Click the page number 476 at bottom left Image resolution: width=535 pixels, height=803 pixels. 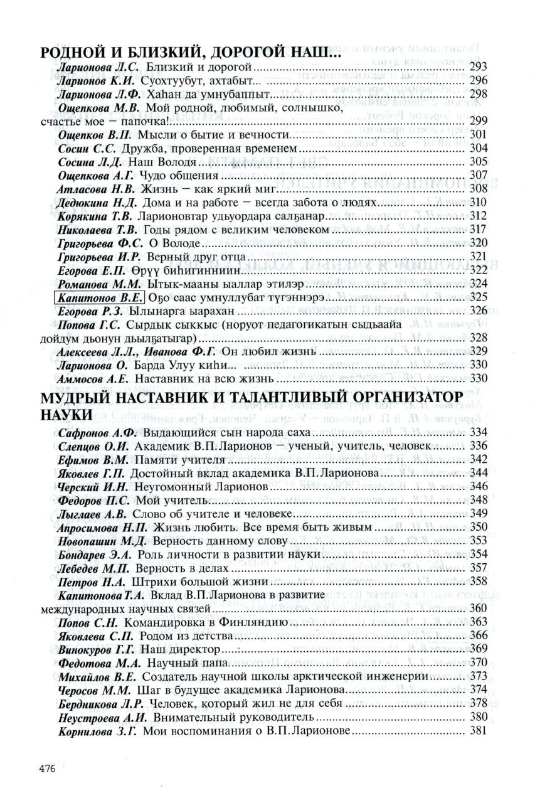click(x=48, y=768)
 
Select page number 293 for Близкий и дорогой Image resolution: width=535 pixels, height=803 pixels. click(x=479, y=66)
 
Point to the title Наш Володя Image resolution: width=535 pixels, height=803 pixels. click(x=164, y=162)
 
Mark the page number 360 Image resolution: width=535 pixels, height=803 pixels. click(x=479, y=609)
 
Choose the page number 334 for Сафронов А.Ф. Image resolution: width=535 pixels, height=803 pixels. click(x=479, y=433)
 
